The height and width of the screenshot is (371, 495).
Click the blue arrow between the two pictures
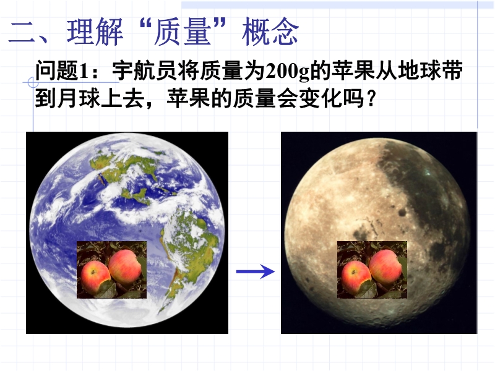coord(256,271)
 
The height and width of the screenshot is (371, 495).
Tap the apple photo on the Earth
coord(112,270)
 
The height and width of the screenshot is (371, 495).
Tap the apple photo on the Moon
coord(372,270)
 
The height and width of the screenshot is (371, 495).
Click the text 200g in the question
coord(287,71)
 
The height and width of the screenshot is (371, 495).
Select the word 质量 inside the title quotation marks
coord(182,32)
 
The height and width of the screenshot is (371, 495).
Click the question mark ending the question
coord(371,99)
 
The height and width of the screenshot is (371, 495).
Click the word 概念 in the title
coord(270,32)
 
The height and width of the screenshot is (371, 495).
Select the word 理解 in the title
coord(95,32)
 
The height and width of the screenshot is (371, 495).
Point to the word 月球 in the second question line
coord(73,98)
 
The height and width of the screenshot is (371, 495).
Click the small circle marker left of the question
coord(33,83)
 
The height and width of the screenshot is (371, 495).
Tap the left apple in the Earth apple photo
coord(95,276)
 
